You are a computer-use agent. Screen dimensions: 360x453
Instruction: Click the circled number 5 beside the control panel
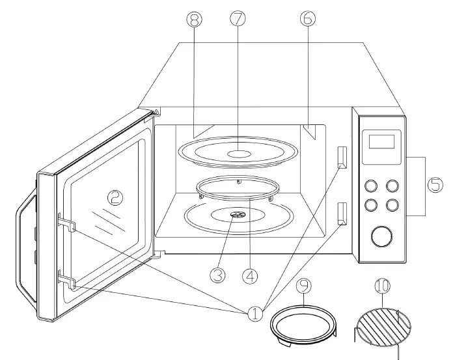coord(434,185)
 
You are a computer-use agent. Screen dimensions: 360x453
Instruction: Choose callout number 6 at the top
coord(307,19)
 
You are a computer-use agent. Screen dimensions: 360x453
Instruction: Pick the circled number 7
coord(238,19)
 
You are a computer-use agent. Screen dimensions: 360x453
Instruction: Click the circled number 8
coord(193,19)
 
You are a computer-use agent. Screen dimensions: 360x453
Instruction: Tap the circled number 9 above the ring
coord(304,285)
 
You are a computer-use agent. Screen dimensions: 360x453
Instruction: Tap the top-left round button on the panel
coord(371,186)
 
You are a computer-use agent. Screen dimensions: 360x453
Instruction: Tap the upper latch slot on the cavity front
coord(342,156)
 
